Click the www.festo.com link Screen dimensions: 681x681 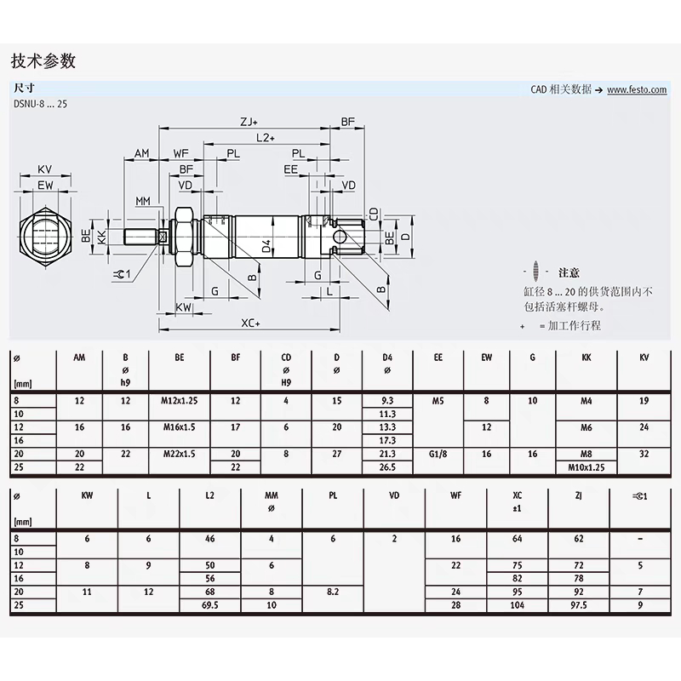point(636,90)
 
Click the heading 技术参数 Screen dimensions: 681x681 point(43,60)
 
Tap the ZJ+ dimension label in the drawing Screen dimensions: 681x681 point(249,122)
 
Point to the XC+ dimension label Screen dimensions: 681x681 point(250,323)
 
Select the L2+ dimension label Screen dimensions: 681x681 point(265,138)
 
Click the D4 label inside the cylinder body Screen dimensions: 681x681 point(266,245)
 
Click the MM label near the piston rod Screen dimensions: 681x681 point(143,201)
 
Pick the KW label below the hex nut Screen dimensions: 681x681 point(183,307)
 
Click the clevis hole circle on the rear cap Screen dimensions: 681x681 point(339,237)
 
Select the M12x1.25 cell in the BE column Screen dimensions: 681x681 point(180,400)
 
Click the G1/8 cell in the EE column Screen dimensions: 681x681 point(438,454)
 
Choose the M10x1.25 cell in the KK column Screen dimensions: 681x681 point(587,467)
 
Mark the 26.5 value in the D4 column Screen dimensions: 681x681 point(387,467)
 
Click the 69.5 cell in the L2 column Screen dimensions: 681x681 point(209,605)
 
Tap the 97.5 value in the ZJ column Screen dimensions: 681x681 point(579,605)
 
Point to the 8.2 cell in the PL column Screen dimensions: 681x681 point(333,592)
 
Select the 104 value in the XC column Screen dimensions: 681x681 point(518,605)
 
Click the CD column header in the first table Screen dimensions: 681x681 point(286,369)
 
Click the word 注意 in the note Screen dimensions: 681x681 point(569,272)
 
